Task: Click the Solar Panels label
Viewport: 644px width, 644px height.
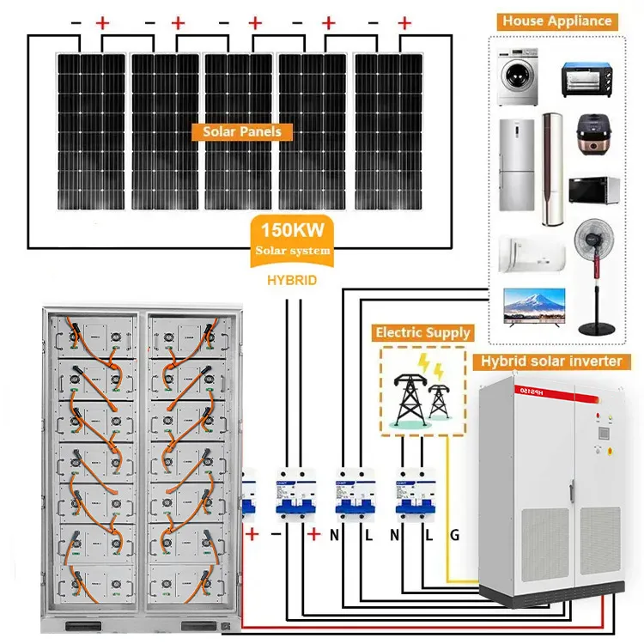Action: pyautogui.click(x=241, y=132)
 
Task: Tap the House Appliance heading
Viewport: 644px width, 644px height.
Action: pyautogui.click(x=556, y=21)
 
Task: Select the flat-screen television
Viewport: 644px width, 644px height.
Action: pyautogui.click(x=532, y=309)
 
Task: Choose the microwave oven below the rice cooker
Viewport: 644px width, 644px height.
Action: pyautogui.click(x=593, y=192)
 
